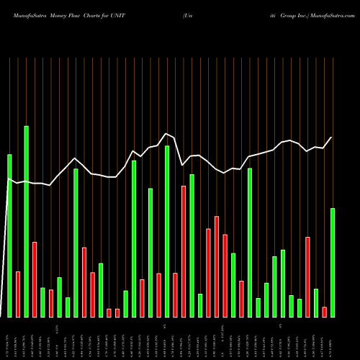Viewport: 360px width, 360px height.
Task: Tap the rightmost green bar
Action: (x=333, y=263)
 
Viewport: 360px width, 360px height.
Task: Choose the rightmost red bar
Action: (x=324, y=311)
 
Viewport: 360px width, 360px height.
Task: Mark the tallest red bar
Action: (x=184, y=251)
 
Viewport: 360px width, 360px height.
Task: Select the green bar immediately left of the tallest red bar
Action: (x=167, y=231)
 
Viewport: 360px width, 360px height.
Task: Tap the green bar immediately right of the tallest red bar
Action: (x=192, y=246)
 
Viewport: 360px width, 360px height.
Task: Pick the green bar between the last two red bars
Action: (x=316, y=302)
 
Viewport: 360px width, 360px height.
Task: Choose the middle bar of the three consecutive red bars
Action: (x=217, y=266)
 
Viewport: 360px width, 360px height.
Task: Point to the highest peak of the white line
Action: (x=166, y=133)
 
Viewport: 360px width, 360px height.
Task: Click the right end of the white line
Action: (x=332, y=138)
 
